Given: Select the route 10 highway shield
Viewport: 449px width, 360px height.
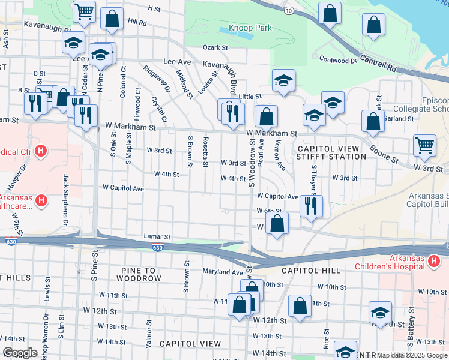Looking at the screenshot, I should click(289, 11).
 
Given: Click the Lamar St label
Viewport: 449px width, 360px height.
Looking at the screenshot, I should click(157, 237).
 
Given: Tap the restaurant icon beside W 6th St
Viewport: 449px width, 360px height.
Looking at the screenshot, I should click(311, 206).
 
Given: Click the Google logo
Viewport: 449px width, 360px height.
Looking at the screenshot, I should click(20, 353).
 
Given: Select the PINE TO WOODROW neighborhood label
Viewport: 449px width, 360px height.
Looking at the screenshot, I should click(133, 274).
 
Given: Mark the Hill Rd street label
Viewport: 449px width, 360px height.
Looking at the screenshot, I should click(137, 22).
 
